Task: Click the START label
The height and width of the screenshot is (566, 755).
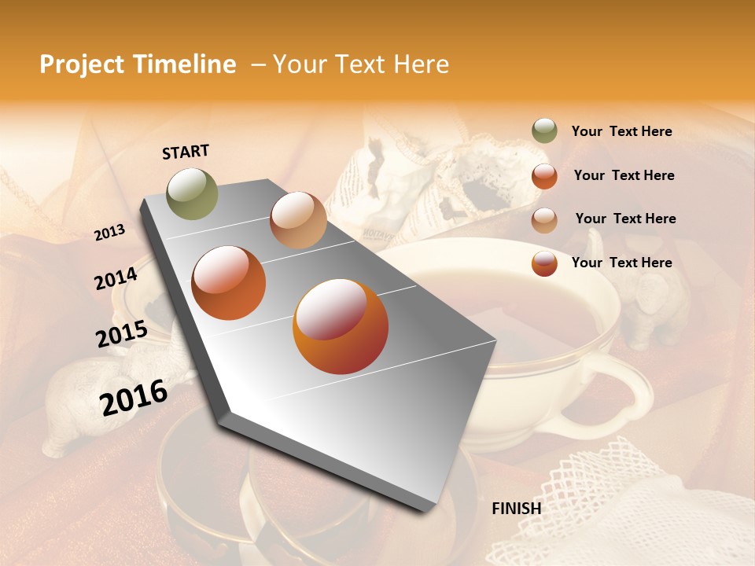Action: (186, 152)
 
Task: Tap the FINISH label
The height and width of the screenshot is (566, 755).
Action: (516, 509)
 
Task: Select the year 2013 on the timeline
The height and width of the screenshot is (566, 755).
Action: (109, 233)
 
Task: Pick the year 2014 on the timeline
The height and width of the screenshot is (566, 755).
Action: (116, 279)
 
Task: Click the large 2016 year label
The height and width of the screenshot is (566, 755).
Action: (134, 397)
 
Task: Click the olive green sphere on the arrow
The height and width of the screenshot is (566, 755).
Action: (193, 193)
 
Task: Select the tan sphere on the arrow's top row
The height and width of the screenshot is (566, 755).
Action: (298, 220)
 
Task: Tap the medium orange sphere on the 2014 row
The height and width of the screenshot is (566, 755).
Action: (229, 283)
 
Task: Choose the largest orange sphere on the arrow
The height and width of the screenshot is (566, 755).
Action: (341, 327)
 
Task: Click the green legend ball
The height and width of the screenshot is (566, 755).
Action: (544, 131)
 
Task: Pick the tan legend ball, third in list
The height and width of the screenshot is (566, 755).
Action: (544, 219)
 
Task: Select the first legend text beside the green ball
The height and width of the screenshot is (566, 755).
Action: (621, 132)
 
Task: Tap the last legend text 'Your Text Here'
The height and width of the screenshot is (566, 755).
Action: (621, 263)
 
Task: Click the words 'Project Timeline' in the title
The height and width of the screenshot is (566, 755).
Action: (138, 64)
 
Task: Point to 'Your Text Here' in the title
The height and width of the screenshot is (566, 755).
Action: (361, 64)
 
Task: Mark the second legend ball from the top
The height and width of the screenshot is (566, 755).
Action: (544, 176)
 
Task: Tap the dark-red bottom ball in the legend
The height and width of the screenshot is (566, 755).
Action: (544, 263)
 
